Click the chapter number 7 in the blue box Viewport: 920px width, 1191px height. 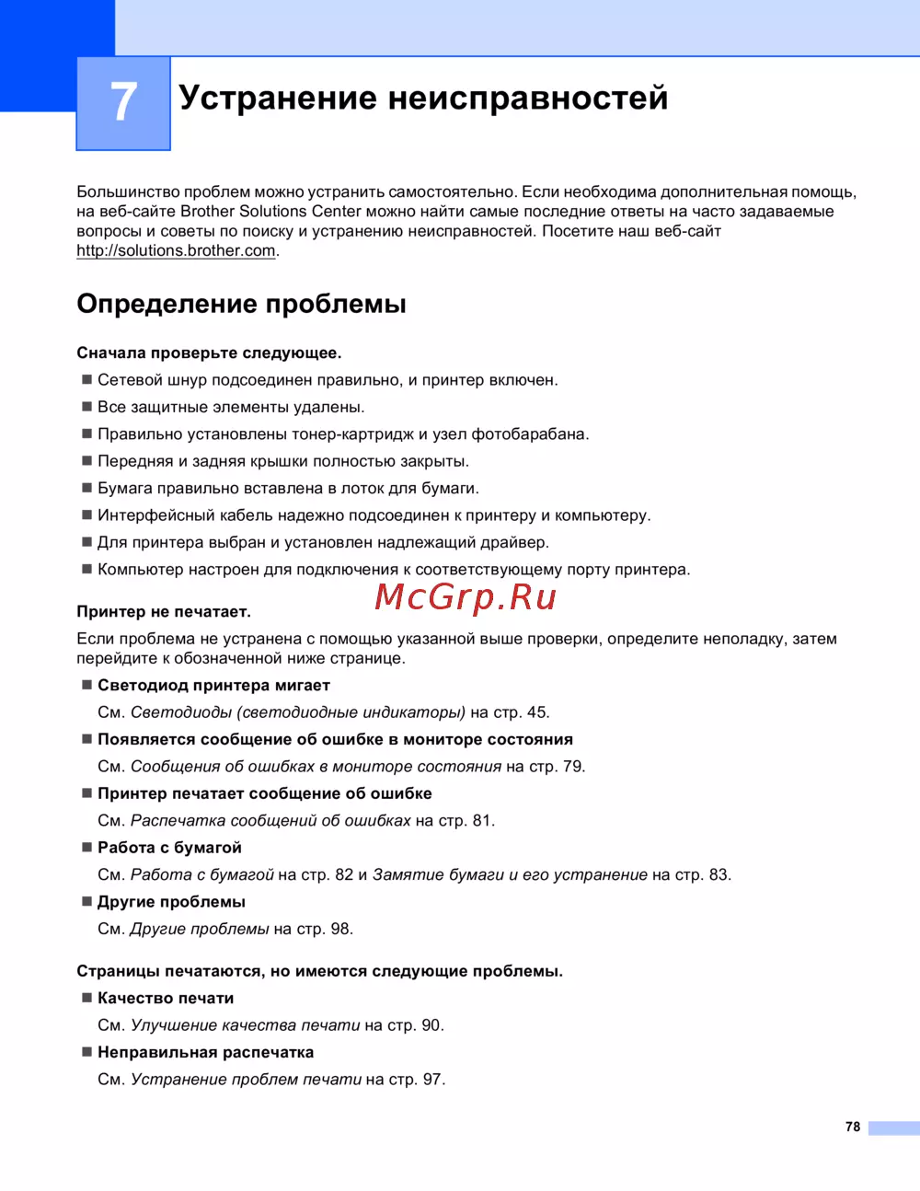[x=123, y=102]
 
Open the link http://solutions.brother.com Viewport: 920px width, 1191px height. [x=176, y=250]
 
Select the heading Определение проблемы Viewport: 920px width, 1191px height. [x=241, y=304]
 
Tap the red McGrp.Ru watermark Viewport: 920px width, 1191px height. [x=466, y=598]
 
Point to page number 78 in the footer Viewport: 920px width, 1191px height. [x=853, y=1127]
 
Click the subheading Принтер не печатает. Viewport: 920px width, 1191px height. [x=164, y=611]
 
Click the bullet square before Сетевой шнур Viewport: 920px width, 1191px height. [x=87, y=379]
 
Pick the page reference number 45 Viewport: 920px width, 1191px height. [x=536, y=712]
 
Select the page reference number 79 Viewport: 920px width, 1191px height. [x=572, y=767]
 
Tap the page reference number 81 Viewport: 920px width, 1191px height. [x=482, y=821]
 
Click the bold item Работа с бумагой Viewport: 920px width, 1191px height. [x=169, y=848]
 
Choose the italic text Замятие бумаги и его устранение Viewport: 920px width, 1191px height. [x=510, y=874]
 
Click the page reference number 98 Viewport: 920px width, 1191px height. [x=339, y=929]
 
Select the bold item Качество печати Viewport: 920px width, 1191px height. [x=166, y=999]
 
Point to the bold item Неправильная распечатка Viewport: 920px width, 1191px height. [x=205, y=1052]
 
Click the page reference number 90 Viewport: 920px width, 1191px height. [x=431, y=1025]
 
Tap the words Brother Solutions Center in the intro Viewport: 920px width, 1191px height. [x=270, y=212]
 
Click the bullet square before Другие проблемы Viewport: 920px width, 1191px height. [x=87, y=901]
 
